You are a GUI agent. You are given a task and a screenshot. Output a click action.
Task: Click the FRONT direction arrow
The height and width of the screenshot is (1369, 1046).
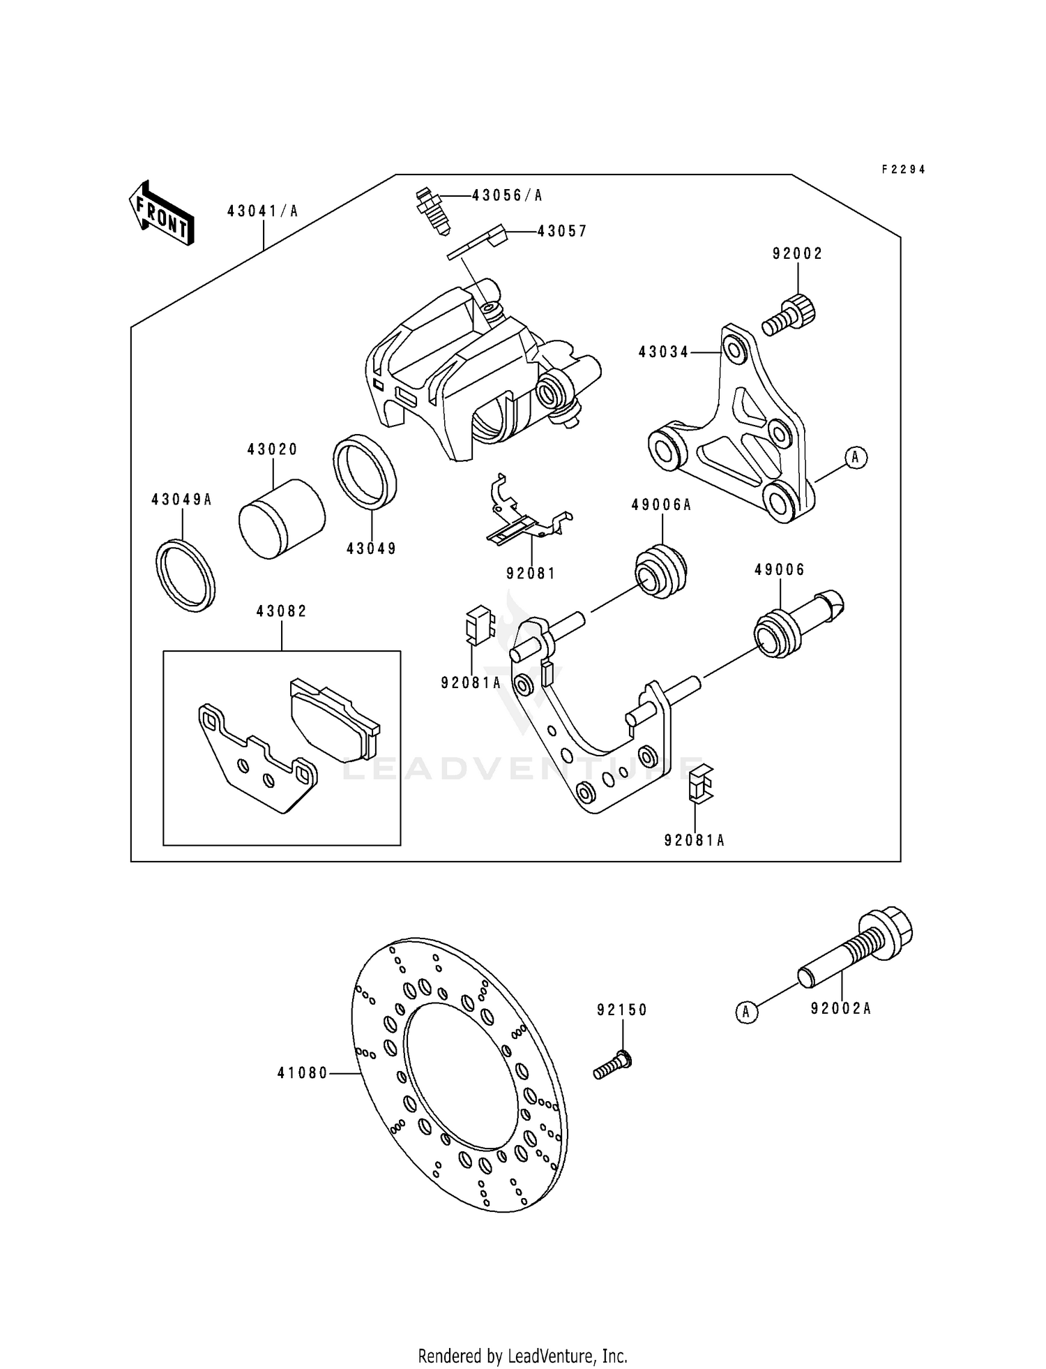click(x=161, y=213)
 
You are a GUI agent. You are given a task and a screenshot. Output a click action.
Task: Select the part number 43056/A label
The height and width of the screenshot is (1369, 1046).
click(x=506, y=196)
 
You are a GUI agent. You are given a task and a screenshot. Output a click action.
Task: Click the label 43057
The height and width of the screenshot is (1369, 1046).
click(x=562, y=232)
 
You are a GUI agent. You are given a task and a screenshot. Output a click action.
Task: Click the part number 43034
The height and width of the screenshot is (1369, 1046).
click(x=663, y=353)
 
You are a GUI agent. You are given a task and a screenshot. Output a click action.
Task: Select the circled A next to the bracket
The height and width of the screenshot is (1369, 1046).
click(x=856, y=458)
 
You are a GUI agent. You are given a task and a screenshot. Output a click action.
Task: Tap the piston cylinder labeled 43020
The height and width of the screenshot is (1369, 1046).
click(x=282, y=519)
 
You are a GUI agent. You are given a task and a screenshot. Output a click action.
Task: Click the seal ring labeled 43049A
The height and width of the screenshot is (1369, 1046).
click(x=185, y=575)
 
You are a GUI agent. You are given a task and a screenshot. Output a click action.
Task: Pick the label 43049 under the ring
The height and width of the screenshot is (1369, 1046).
click(x=371, y=549)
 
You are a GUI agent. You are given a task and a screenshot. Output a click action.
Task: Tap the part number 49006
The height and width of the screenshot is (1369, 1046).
click(x=779, y=570)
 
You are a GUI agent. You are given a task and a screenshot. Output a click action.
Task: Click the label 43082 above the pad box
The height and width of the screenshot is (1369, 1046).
click(x=282, y=612)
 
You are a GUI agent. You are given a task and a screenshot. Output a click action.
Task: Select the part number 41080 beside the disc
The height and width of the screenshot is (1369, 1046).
click(x=302, y=1074)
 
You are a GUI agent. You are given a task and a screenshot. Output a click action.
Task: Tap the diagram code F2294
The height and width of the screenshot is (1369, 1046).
click(x=903, y=170)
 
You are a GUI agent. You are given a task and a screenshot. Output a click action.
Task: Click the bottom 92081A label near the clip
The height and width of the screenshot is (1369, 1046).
click(x=694, y=841)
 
